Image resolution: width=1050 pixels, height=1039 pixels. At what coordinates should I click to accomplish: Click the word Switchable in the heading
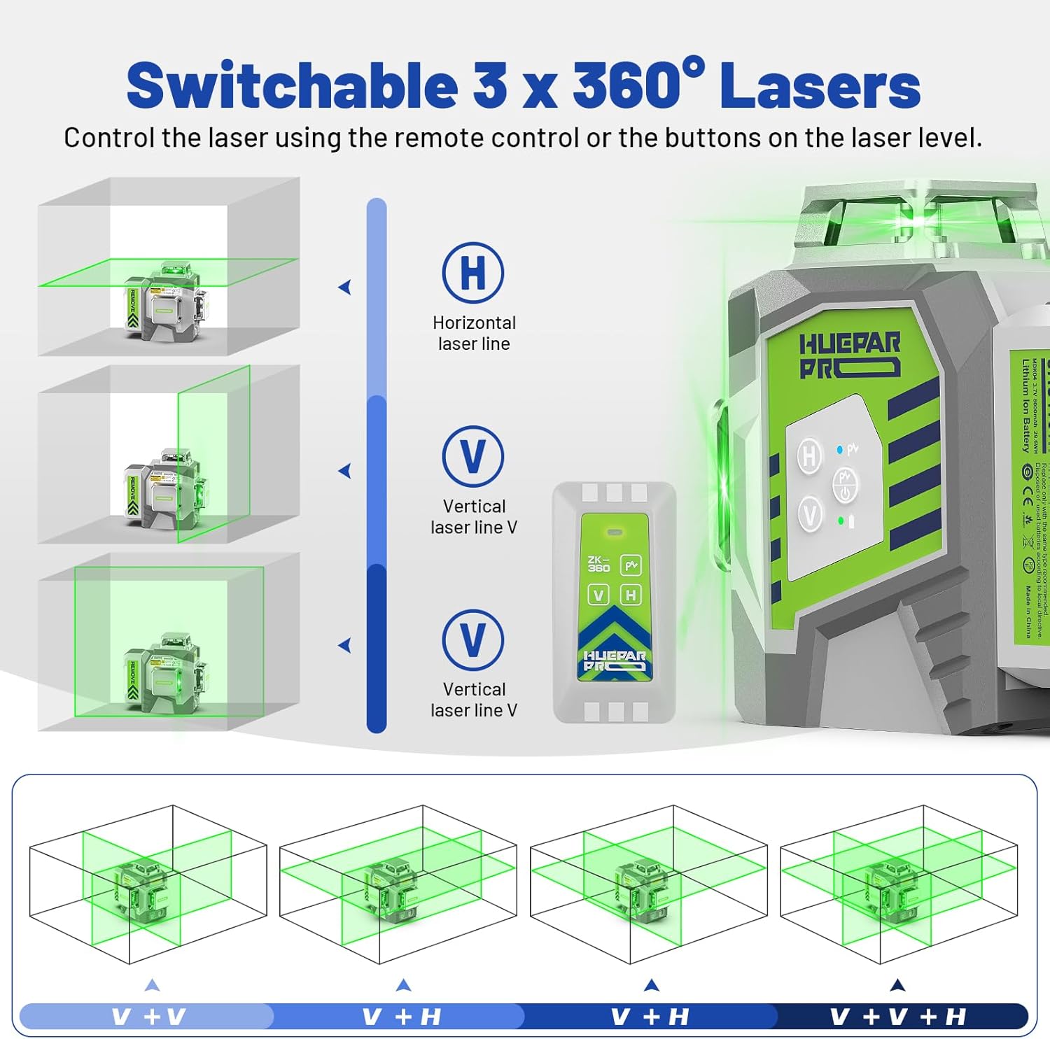coord(292,85)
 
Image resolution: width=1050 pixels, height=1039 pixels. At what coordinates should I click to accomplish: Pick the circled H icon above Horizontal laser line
coord(473,272)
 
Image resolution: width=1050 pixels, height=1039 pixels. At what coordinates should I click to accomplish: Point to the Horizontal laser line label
coord(474,333)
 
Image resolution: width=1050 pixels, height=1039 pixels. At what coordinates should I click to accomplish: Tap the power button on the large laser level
coord(845,486)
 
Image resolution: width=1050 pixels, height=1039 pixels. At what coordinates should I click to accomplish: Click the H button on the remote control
coord(631,595)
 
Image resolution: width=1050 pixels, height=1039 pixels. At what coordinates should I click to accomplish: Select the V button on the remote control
coord(598,595)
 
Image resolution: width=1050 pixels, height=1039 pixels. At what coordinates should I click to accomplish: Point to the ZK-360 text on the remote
coord(598,565)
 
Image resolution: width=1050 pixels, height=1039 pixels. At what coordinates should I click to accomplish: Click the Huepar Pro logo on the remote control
coord(615,660)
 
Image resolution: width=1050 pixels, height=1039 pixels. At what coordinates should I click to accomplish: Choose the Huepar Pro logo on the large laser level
coord(849,355)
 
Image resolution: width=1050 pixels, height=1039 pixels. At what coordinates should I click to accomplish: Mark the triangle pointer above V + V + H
coord(897,985)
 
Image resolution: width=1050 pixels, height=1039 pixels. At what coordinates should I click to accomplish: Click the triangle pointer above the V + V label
coord(152,985)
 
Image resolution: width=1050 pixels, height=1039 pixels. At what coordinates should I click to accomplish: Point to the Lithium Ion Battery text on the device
coord(1025,406)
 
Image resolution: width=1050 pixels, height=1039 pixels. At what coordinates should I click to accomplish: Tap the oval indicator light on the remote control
coord(615,532)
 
